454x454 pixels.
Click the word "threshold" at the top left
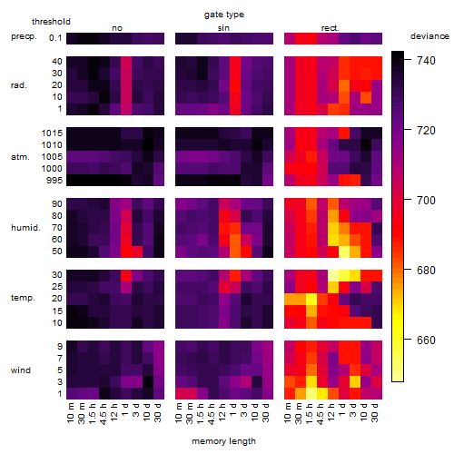[51, 22]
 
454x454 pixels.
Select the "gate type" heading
[224, 15]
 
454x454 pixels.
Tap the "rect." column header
[331, 28]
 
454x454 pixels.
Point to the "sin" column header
[223, 28]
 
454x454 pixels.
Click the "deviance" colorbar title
[429, 36]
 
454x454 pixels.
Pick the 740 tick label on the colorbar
[426, 61]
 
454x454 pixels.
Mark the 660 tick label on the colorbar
[426, 340]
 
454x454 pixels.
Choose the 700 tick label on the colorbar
[426, 201]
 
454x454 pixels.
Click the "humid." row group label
[25, 228]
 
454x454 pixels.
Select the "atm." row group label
[20, 157]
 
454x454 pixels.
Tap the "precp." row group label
[24, 36]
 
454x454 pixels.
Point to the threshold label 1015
[52, 133]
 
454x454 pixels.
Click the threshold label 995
[54, 181]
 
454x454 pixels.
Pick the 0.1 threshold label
[55, 38]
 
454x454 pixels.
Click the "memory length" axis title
[224, 441]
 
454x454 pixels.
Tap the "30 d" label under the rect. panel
[375, 413]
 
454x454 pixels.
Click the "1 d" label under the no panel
[126, 410]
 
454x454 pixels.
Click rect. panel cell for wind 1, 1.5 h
[311, 393]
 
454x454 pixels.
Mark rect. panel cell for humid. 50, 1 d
[344, 252]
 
